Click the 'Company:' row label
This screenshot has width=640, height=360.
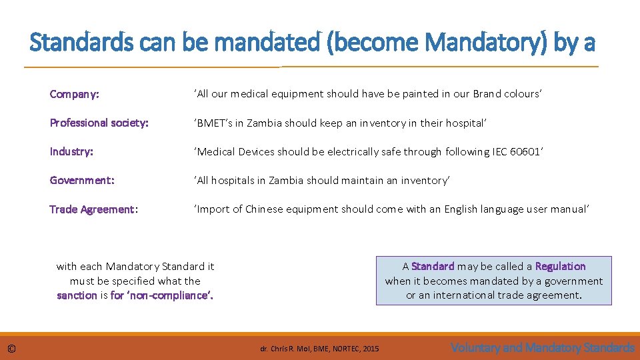click(74, 94)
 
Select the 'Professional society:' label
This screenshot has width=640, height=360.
click(99, 123)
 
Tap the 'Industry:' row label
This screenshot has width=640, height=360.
click(71, 151)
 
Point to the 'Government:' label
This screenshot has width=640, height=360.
click(82, 180)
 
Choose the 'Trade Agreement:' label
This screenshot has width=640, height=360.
click(93, 209)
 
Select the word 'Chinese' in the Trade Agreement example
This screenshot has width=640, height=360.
click(265, 209)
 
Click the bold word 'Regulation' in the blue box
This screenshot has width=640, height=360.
click(560, 266)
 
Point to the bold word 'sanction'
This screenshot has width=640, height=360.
click(77, 295)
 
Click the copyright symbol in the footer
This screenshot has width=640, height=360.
click(12, 348)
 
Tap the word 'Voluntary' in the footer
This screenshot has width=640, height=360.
click(475, 347)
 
